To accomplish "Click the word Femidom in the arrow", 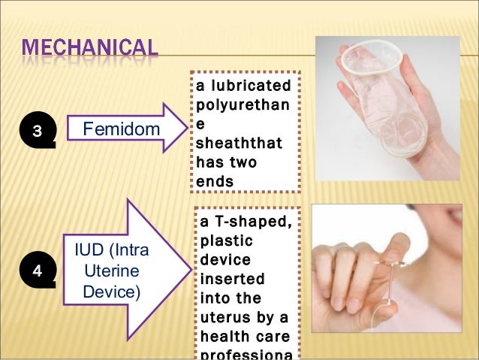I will [121, 131].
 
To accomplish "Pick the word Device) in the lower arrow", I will [110, 289].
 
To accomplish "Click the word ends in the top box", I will [214, 180].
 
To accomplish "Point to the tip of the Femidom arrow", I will [185, 131].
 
